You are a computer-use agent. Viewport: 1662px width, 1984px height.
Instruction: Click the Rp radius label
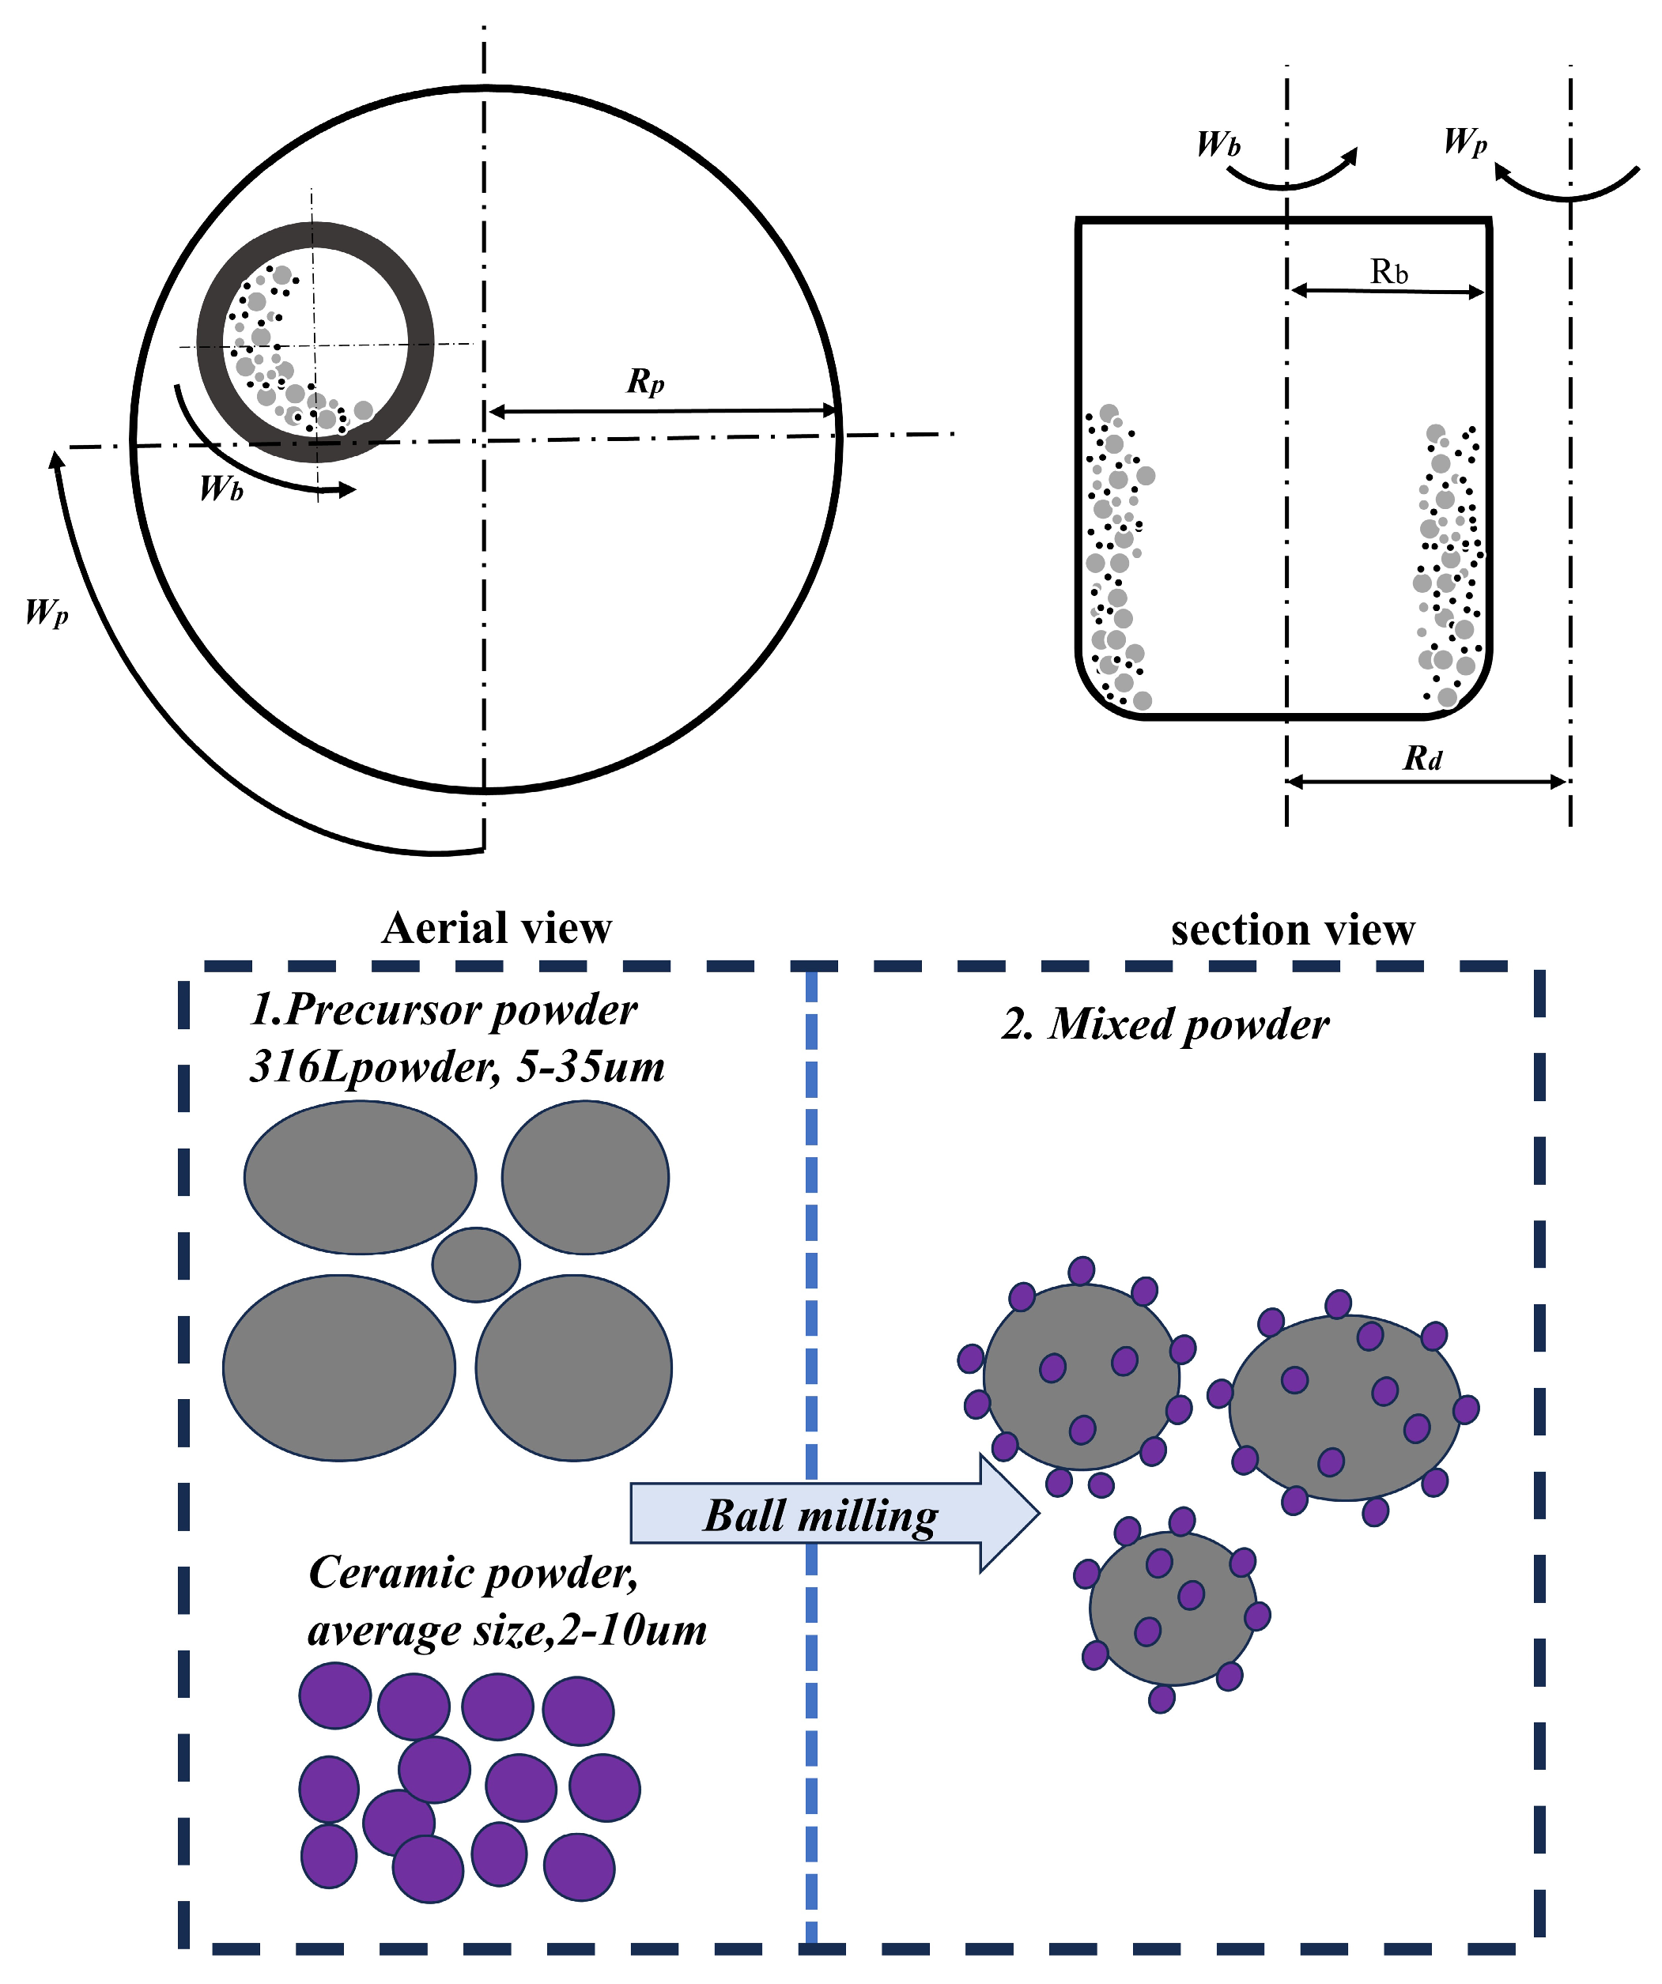coord(645,382)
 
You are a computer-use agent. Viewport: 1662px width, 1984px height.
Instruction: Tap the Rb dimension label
coord(1389,273)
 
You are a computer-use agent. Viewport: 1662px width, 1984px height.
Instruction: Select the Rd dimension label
coord(1423,758)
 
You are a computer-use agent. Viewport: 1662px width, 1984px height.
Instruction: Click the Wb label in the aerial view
coord(222,488)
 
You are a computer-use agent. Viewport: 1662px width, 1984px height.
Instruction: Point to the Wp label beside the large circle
coord(47,613)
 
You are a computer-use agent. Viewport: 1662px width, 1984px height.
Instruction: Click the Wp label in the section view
coord(1464,141)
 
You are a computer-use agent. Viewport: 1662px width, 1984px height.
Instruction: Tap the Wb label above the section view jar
coord(1218,144)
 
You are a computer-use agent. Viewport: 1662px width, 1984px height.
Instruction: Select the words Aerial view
coord(497,928)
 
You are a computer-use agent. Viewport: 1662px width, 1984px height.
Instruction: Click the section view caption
coord(1293,930)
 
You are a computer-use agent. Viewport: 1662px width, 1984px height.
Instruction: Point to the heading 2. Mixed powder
coord(1165,1024)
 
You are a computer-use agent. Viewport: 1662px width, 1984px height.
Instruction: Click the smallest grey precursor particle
coord(476,1264)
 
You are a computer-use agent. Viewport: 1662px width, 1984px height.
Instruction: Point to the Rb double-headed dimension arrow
coord(1387,292)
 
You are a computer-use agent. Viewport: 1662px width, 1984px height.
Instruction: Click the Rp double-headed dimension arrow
coord(661,411)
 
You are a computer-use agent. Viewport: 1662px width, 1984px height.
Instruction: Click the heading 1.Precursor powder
coord(443,1010)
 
